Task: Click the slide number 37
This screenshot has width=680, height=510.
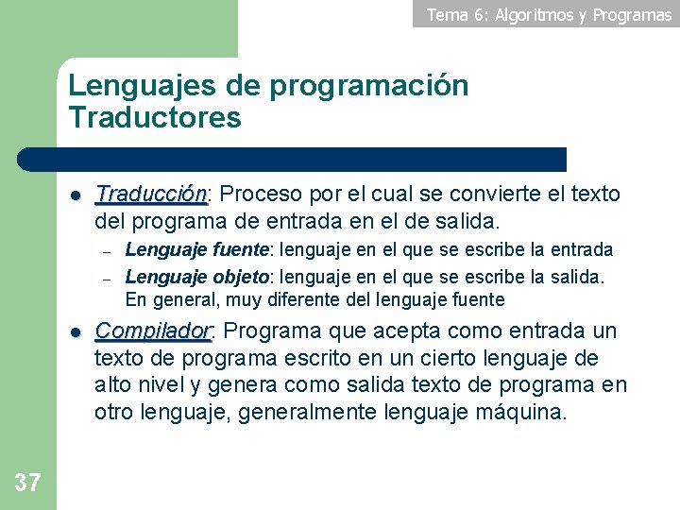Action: click(x=28, y=484)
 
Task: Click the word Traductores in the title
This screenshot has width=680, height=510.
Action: click(x=155, y=118)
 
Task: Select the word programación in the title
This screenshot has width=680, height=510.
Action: click(x=369, y=86)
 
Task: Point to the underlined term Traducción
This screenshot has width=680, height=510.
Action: click(x=151, y=195)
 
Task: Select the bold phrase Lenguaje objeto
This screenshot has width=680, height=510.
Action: click(x=197, y=277)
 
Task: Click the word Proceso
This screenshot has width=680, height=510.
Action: click(x=262, y=195)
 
